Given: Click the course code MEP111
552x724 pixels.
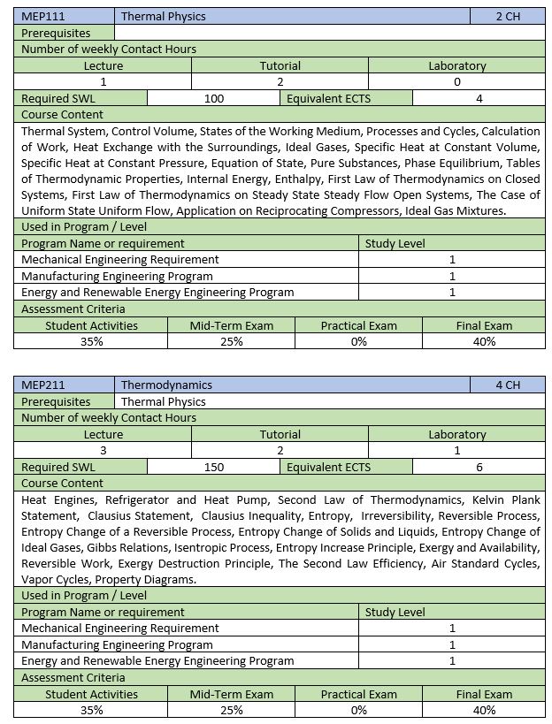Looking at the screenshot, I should pos(43,16).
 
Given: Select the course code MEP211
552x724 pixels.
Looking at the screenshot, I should pos(43,385).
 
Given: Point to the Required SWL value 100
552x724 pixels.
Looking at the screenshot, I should pos(214,98).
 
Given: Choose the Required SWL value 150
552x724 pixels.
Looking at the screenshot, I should pos(214,467).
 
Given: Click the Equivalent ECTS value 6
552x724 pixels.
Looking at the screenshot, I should pos(479,467).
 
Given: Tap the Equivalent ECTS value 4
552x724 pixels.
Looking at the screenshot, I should pos(479,98).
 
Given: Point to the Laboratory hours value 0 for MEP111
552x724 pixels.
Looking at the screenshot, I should pos(457,82).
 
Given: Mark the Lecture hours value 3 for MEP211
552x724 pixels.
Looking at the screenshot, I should pos(103,451).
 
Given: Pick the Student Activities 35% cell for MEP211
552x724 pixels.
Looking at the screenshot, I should pos(92,710).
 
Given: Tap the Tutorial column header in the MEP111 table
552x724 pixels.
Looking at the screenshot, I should pos(280,65).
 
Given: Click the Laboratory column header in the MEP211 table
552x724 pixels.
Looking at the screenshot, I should pos(457,434).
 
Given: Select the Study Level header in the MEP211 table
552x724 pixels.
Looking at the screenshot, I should pos(395,612).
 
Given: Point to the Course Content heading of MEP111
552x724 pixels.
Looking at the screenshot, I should pos(62,115).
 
